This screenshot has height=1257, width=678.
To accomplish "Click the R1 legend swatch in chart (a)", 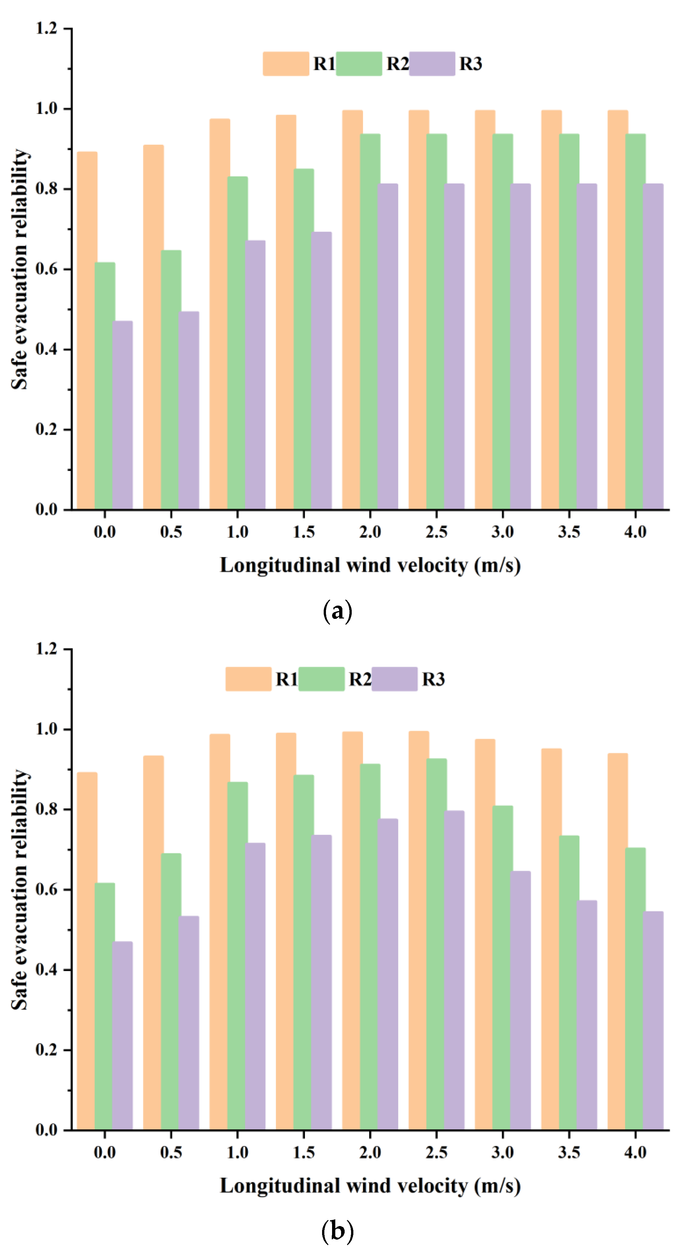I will (286, 64).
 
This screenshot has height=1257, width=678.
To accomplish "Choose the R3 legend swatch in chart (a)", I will (432, 64).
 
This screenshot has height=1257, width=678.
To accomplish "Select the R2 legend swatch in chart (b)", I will (321, 679).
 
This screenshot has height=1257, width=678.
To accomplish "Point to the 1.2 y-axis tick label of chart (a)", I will (46, 28).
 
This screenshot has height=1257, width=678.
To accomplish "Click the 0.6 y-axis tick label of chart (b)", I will (46, 890).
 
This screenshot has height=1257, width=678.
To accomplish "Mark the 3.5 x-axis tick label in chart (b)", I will (569, 1153).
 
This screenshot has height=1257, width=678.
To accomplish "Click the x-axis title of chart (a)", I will (370, 566).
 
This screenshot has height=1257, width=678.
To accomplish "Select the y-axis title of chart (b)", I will (20, 889).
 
